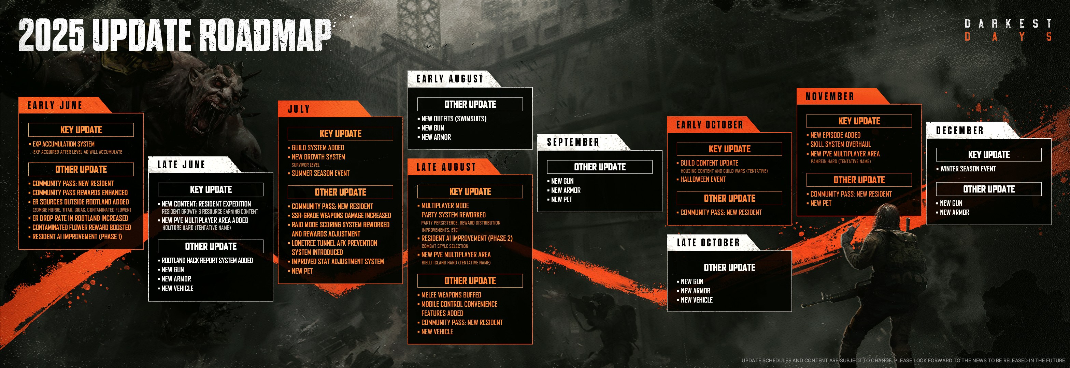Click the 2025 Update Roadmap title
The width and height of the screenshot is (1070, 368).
(x=175, y=35)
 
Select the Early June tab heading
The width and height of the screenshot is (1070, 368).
(x=55, y=105)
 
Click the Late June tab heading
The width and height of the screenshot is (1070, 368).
(x=181, y=165)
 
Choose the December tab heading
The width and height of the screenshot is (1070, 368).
(x=960, y=131)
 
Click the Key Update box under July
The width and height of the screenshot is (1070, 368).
(x=340, y=134)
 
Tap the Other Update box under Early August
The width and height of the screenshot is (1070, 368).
(x=470, y=104)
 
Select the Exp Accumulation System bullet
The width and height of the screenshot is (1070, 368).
(x=63, y=144)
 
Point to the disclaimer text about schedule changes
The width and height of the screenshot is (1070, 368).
(x=903, y=361)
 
